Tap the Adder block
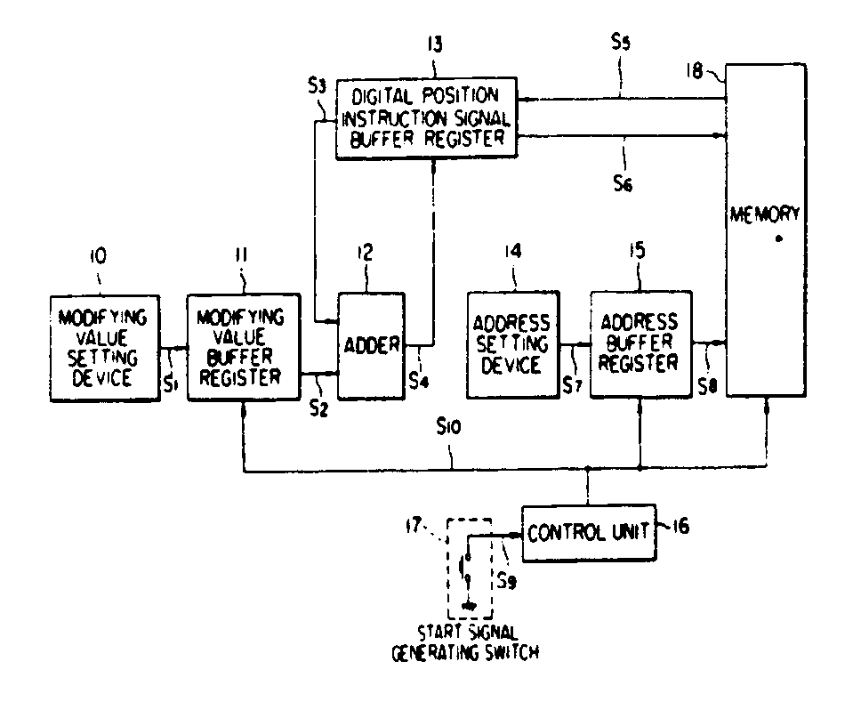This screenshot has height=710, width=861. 370,345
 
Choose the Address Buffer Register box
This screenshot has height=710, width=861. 640,343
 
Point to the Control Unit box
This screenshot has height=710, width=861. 586,535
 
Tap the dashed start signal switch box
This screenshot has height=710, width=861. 469,569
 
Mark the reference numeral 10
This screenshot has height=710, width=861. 97,256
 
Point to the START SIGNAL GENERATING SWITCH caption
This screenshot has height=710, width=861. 468,642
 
